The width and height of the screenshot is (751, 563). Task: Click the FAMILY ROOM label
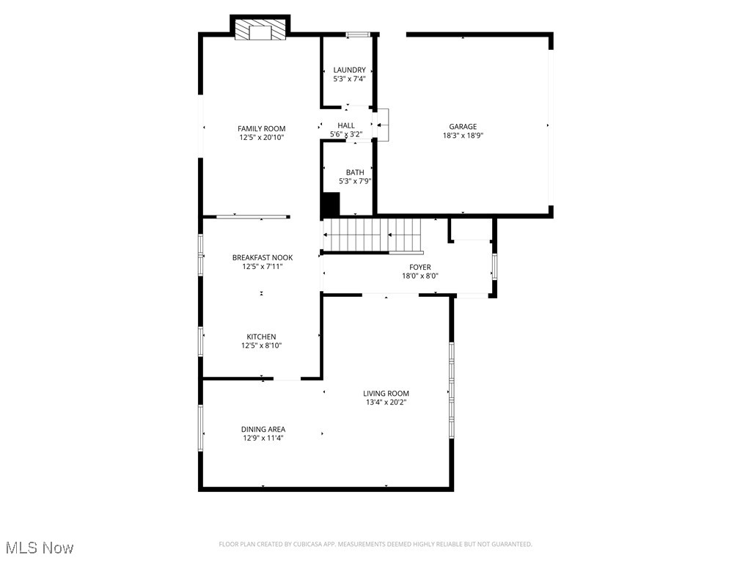coord(261,129)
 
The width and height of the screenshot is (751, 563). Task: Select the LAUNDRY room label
coord(349,70)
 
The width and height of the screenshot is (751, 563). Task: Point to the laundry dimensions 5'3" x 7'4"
coord(349,79)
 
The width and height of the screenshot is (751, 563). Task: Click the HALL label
coord(346,126)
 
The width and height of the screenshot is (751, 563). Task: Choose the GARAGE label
coord(463,126)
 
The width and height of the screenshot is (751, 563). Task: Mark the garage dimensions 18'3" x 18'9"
coord(463,136)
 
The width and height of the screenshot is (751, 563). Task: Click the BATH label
coord(355,172)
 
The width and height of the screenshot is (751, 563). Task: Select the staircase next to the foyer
coord(373,235)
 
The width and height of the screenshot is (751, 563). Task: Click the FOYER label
coord(420,268)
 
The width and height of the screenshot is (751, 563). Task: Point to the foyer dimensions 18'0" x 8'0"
coord(420,276)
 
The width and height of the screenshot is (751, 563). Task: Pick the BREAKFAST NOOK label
coord(263,258)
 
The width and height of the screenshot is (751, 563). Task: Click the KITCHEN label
coord(261,337)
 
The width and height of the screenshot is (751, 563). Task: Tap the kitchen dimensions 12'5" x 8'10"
coord(262,346)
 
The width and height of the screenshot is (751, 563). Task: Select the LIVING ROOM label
coord(386,394)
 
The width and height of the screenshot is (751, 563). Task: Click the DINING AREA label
coord(263,430)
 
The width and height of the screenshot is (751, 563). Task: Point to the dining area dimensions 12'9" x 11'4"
coord(263,438)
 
